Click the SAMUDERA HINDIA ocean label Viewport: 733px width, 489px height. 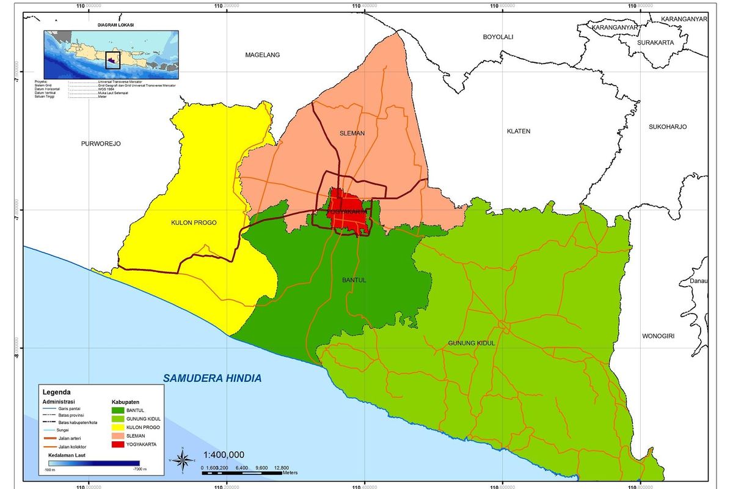[212, 378]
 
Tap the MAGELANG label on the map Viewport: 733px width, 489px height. [262, 55]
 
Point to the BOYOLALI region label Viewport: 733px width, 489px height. [498, 37]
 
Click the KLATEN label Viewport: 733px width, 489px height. [518, 131]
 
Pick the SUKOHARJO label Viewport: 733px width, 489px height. [668, 127]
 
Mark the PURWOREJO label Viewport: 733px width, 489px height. [101, 144]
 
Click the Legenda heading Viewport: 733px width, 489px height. [56, 392]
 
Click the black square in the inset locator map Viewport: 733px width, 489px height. [112, 59]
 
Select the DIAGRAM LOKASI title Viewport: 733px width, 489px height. [115, 25]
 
